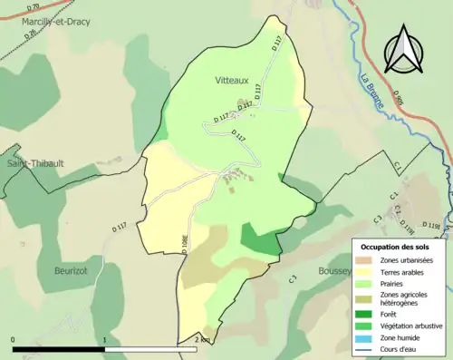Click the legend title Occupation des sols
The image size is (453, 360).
[x=396, y=247]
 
